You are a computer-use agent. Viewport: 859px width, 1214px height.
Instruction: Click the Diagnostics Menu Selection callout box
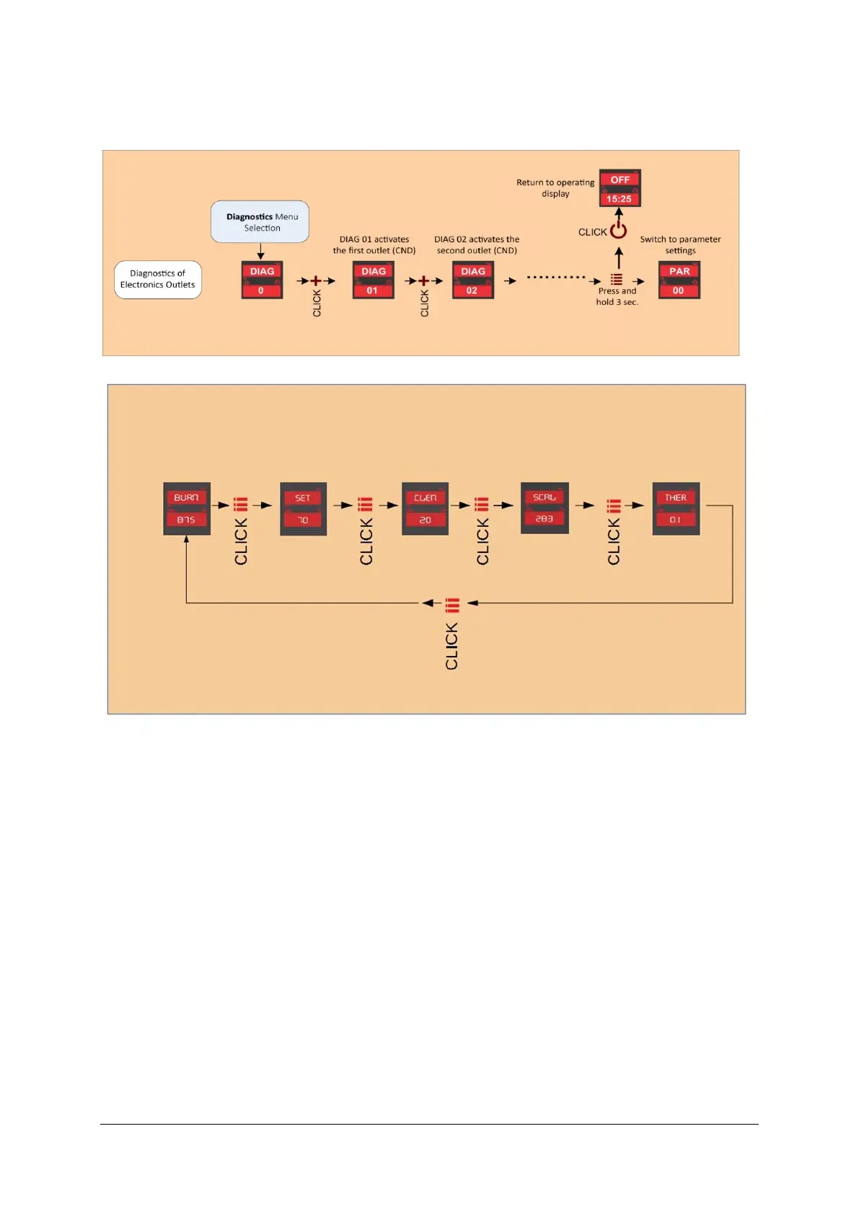point(260,222)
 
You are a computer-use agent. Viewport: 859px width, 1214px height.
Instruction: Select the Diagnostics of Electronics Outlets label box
point(158,279)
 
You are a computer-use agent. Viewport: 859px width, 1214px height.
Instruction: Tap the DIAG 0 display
point(262,280)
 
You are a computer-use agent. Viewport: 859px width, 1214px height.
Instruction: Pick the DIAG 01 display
point(373,280)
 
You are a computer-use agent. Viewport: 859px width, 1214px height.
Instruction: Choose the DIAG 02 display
point(472,280)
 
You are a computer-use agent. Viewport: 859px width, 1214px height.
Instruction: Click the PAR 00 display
point(679,280)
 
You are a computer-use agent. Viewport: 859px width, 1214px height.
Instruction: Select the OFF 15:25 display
point(620,188)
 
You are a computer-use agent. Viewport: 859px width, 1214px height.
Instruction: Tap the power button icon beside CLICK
point(619,231)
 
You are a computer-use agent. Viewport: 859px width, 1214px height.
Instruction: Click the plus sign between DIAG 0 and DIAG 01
point(316,281)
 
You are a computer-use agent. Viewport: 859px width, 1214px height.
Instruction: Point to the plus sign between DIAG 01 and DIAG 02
point(423,281)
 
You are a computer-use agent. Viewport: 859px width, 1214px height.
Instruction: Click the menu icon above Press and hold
point(617,279)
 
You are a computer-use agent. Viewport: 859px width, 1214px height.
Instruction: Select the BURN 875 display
point(187,508)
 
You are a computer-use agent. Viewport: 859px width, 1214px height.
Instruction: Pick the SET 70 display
point(303,508)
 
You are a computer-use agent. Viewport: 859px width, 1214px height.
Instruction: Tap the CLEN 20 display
point(425,508)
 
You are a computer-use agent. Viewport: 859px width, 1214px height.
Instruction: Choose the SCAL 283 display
point(545,508)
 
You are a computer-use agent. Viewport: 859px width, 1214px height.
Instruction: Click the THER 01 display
point(676,508)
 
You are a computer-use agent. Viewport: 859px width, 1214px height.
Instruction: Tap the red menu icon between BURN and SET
point(241,505)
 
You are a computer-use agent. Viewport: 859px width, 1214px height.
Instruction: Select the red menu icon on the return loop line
point(452,604)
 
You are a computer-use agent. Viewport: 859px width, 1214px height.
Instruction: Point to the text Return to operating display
point(555,188)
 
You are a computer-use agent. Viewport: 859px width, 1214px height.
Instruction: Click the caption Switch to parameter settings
point(680,244)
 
